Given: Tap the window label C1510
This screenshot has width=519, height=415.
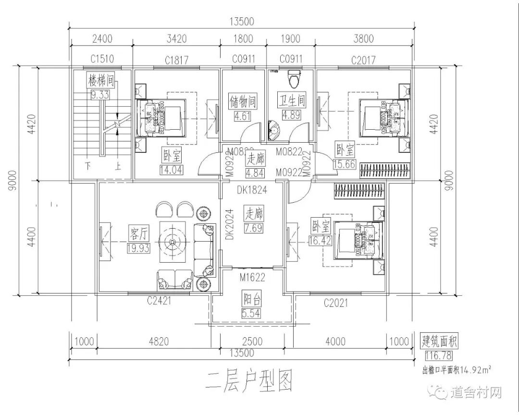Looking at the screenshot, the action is point(102,59).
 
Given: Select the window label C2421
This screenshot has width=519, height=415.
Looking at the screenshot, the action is point(160,301).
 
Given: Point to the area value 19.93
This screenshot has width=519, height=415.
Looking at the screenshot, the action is point(138,248).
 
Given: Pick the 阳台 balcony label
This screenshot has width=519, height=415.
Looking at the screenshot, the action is point(252,301).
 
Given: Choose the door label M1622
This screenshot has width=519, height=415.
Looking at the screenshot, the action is point(252,277).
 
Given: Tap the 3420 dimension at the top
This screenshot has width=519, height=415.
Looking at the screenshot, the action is point(176,39).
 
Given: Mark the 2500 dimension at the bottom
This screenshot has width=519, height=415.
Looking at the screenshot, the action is point(252,342).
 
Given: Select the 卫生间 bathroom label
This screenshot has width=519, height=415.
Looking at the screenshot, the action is point(292,101).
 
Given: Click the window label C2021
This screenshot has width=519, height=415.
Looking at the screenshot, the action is point(335,303).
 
